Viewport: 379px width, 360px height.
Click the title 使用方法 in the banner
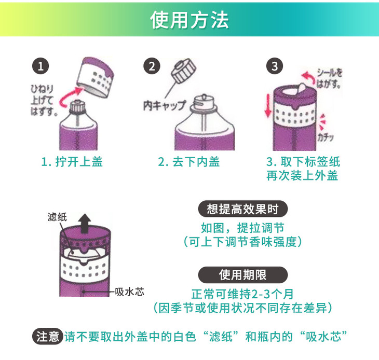tap(189, 20)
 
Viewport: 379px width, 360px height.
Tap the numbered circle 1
tap(40, 66)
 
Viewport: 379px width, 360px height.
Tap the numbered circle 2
tap(152, 66)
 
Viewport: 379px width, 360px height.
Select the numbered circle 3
tap(275, 66)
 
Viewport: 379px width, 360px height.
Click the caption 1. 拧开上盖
tap(72, 161)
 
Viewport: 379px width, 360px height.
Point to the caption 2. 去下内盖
tap(189, 161)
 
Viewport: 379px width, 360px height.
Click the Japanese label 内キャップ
tap(165, 105)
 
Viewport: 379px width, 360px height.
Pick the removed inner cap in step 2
tap(183, 71)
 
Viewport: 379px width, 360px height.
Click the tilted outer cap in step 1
tap(96, 77)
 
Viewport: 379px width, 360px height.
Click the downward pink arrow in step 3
tap(268, 105)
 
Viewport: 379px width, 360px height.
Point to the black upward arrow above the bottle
tap(84, 224)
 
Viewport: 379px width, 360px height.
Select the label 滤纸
tap(57, 217)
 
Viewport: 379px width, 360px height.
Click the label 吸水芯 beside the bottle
tap(129, 292)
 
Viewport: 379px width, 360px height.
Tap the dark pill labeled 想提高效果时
tap(243, 209)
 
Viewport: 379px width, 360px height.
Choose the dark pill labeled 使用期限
tap(243, 275)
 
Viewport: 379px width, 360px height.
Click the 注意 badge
tap(48, 336)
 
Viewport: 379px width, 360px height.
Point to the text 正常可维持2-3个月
tap(242, 294)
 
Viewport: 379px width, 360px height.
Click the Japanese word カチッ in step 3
tap(326, 137)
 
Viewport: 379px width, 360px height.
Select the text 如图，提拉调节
tap(242, 228)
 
